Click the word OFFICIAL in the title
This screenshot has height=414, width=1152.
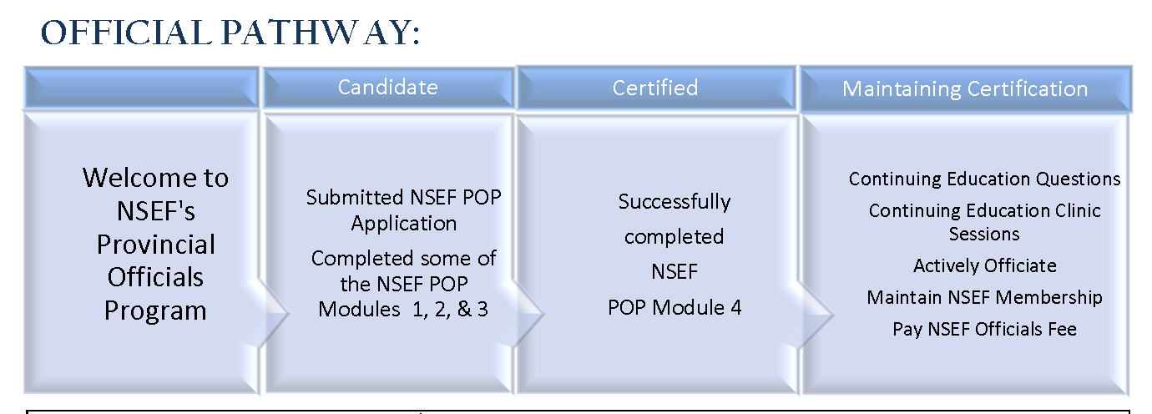pyautogui.click(x=126, y=33)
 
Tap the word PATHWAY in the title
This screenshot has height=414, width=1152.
pyautogui.click(x=321, y=33)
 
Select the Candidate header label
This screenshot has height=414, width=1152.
pyautogui.click(x=388, y=87)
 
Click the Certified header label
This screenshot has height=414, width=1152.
pyautogui.click(x=655, y=88)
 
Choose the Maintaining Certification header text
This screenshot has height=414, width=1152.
pyautogui.click(x=965, y=89)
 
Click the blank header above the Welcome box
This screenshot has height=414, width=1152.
pyautogui.click(x=141, y=88)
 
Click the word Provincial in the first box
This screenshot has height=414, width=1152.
pyautogui.click(x=156, y=245)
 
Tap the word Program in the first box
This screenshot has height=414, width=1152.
pyautogui.click(x=155, y=310)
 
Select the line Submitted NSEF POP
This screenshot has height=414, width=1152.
pyautogui.click(x=404, y=197)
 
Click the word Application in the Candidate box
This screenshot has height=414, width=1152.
pyautogui.click(x=404, y=224)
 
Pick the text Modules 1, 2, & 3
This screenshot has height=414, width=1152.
pyautogui.click(x=403, y=309)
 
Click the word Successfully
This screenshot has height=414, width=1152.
pyautogui.click(x=675, y=202)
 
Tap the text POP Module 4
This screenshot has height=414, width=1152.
pyautogui.click(x=675, y=307)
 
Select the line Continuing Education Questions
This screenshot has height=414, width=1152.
pyautogui.click(x=984, y=179)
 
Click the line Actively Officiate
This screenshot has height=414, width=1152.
pyautogui.click(x=985, y=266)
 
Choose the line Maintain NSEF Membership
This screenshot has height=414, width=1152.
pyautogui.click(x=984, y=297)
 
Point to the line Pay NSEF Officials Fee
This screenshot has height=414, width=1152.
pyautogui.click(x=984, y=329)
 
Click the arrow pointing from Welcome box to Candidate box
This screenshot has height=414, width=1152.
pyautogui.click(x=269, y=313)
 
